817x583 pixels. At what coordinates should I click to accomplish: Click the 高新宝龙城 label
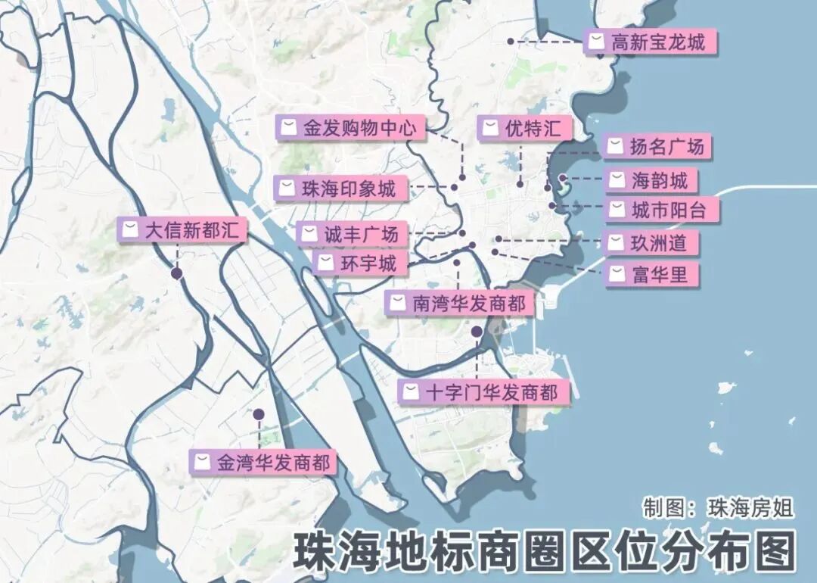(651, 42)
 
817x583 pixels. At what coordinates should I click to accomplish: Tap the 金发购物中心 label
(350, 128)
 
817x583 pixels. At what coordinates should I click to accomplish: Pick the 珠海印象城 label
(342, 189)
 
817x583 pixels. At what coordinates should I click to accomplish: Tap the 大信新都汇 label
(182, 229)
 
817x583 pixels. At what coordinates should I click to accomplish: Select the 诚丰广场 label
(353, 235)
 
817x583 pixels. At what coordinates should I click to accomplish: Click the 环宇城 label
(359, 264)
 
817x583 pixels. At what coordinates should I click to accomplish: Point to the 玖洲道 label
(651, 243)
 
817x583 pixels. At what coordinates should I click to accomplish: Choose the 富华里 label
(651, 275)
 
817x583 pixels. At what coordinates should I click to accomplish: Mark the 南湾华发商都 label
(460, 304)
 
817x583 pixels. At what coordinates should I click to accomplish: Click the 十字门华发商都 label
(483, 392)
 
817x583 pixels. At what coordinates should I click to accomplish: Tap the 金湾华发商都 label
(264, 463)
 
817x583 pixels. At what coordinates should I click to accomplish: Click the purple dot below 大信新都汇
(177, 273)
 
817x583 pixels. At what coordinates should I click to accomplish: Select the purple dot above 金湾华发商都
(259, 415)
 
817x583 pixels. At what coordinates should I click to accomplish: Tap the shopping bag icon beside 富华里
(618, 274)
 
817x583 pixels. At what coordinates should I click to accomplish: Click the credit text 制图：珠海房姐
(718, 507)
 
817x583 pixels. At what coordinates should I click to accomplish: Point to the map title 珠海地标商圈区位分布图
(544, 550)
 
